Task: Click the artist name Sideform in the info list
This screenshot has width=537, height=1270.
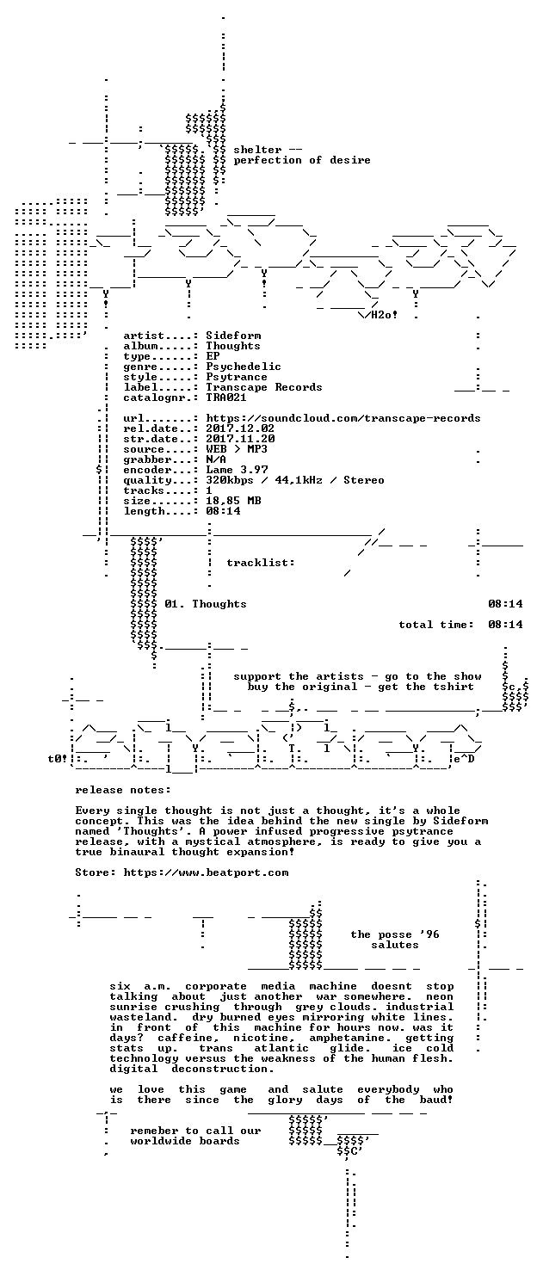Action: click(x=233, y=336)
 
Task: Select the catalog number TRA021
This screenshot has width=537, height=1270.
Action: click(x=226, y=398)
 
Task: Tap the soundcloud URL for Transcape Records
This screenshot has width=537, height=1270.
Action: click(x=343, y=418)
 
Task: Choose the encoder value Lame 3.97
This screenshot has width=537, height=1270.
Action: click(x=237, y=470)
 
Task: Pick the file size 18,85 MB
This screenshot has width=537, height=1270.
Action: click(x=233, y=501)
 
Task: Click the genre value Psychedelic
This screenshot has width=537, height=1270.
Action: click(x=244, y=367)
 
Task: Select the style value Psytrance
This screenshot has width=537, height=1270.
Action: click(x=237, y=377)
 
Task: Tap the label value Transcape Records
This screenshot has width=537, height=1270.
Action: click(x=263, y=387)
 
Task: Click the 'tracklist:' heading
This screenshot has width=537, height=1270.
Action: click(x=261, y=563)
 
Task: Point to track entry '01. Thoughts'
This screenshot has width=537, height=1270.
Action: click(x=206, y=604)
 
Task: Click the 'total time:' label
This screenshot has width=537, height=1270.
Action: click(x=436, y=625)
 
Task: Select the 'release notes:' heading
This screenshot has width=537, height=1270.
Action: click(x=123, y=791)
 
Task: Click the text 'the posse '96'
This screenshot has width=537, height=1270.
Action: click(x=395, y=935)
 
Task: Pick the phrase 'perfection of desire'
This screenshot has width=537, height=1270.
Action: click(x=302, y=160)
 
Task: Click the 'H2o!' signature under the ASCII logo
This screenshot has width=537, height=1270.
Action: click(x=384, y=315)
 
